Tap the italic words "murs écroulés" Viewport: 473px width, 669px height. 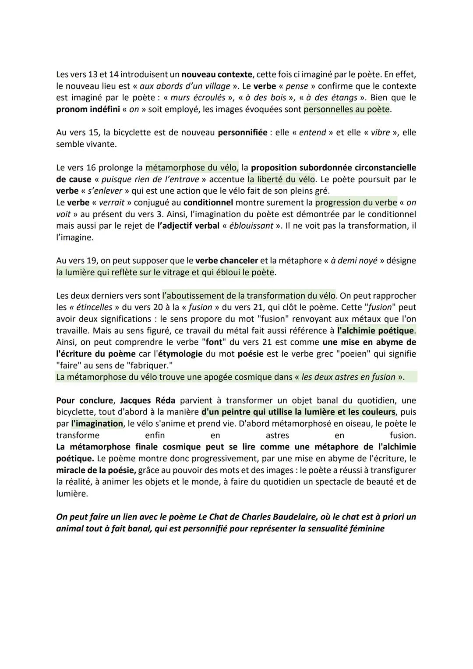pyautogui.click(x=198, y=98)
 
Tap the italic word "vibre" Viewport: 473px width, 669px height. pyautogui.click(x=380, y=133)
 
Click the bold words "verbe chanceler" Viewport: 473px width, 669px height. pyautogui.click(x=226, y=261)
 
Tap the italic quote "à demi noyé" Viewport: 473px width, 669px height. pyautogui.click(x=354, y=261)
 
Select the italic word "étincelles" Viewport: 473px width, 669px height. pyautogui.click(x=92, y=308)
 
